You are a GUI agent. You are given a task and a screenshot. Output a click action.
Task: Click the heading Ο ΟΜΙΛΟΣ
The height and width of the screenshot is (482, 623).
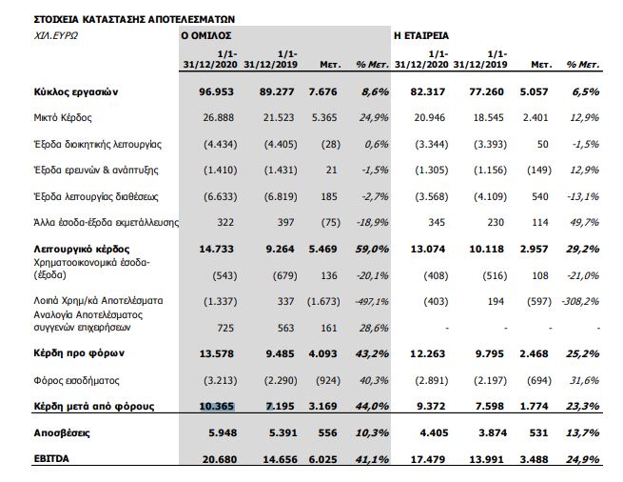pos(208,34)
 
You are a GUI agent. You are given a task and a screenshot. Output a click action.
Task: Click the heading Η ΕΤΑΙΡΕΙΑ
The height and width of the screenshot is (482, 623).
pos(422,34)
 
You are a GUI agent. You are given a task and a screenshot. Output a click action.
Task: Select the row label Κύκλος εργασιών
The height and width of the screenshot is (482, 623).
pos(75,93)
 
